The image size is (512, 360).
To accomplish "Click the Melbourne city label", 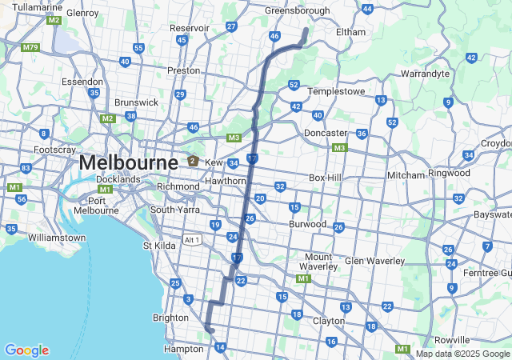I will point(128,162).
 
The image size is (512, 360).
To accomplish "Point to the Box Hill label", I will point(325,178).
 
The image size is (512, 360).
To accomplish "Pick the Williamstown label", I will point(56,238).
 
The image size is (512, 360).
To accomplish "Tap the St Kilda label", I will point(158,246).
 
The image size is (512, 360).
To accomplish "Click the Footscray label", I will point(54,150).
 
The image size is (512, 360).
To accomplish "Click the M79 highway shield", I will point(30,48).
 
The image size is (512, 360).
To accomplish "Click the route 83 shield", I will point(26,168).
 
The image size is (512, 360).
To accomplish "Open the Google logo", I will point(26,350).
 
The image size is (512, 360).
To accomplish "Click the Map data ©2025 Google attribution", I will point(462,354).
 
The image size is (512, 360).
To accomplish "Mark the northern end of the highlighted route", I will point(306,29).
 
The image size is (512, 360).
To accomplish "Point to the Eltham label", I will point(350,32).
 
